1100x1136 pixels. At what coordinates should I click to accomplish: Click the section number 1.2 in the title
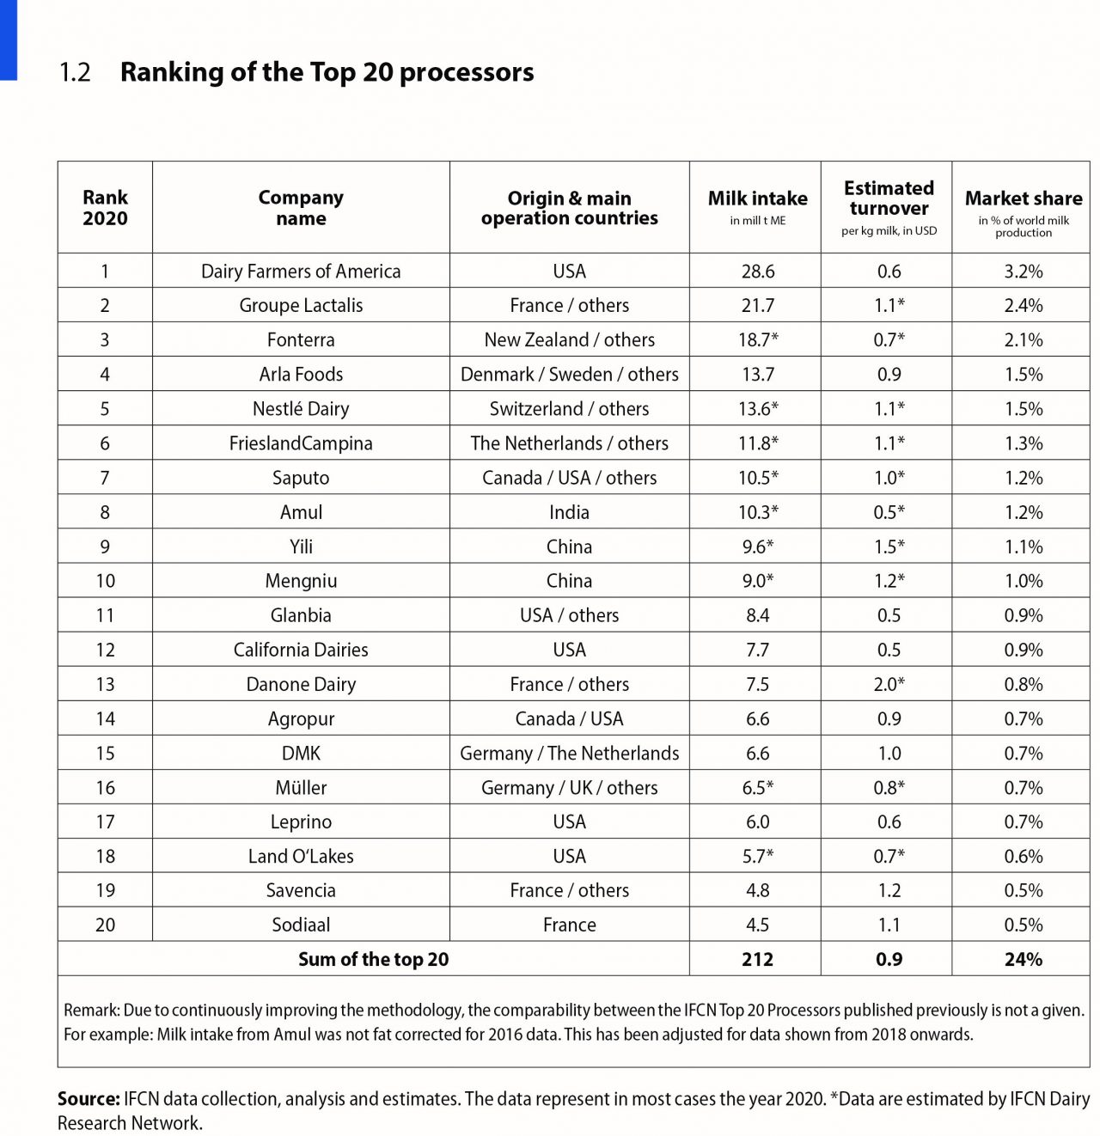pyautogui.click(x=75, y=72)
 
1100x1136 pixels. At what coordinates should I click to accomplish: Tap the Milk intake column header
pyautogui.click(x=757, y=199)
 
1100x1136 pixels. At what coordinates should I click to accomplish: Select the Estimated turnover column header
pyautogui.click(x=889, y=198)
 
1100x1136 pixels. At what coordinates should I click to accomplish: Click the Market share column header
pyautogui.click(x=1023, y=199)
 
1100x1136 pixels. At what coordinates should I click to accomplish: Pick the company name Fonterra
pyautogui.click(x=301, y=340)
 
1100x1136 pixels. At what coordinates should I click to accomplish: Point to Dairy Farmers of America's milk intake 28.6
pyautogui.click(x=757, y=272)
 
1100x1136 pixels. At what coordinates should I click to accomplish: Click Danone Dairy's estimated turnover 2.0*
pyautogui.click(x=889, y=685)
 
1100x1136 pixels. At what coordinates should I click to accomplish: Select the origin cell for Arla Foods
pyautogui.click(x=569, y=375)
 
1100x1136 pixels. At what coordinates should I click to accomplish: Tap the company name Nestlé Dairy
pyautogui.click(x=301, y=409)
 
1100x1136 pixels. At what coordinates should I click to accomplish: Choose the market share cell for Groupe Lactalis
pyautogui.click(x=1023, y=306)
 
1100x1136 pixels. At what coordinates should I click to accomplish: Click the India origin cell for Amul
pyautogui.click(x=569, y=513)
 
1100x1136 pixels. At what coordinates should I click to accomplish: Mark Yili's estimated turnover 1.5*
pyautogui.click(x=889, y=547)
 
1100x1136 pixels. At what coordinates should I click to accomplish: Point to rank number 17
pyautogui.click(x=105, y=822)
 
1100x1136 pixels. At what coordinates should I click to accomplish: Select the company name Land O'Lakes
pyautogui.click(x=301, y=857)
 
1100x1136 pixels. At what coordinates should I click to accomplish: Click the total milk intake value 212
pyautogui.click(x=757, y=960)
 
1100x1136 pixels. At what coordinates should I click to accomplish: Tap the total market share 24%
pyautogui.click(x=1023, y=960)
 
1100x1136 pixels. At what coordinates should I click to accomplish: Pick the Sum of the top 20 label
pyautogui.click(x=373, y=960)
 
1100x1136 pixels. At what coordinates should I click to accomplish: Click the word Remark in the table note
pyautogui.click(x=90, y=1011)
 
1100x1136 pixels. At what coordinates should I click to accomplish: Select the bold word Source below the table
pyautogui.click(x=88, y=1099)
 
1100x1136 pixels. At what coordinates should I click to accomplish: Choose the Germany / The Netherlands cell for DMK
pyautogui.click(x=569, y=754)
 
